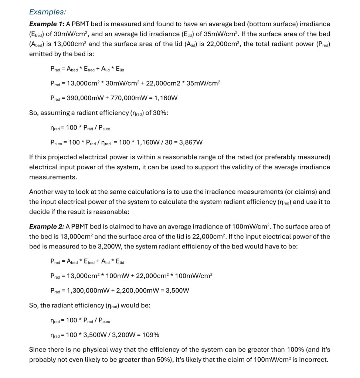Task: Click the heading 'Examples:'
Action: tap(47, 12)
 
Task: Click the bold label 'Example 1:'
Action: tap(46, 24)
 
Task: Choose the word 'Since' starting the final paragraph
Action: tap(37, 349)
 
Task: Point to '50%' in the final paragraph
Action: tap(168, 359)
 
